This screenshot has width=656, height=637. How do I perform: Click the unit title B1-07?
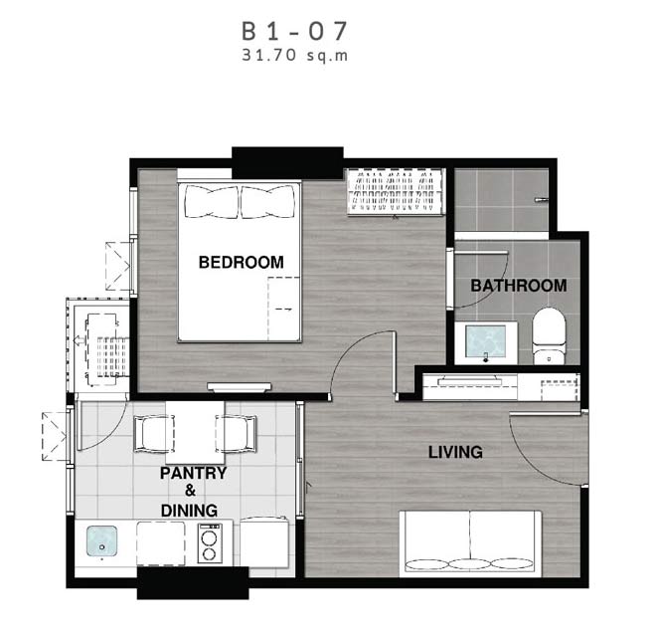(294, 31)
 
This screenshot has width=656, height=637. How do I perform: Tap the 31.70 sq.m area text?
(295, 56)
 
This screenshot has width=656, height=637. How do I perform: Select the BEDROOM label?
(241, 263)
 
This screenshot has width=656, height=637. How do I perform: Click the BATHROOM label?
(519, 286)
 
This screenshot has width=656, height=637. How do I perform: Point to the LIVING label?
(455, 452)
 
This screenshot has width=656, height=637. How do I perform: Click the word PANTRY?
(193, 473)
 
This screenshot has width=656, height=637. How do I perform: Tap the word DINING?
(189, 511)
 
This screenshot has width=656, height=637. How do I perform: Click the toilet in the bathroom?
(549, 336)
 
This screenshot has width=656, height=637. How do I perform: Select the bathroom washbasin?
(486, 342)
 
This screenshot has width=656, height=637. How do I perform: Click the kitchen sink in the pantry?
(101, 541)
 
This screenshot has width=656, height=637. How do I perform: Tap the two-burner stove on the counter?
(210, 543)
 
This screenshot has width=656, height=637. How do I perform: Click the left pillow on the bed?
(212, 202)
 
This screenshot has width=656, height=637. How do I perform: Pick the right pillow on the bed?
(268, 202)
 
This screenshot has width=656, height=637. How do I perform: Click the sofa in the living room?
(470, 543)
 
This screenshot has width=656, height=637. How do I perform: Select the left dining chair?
(153, 434)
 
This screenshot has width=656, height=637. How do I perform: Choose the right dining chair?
(236, 434)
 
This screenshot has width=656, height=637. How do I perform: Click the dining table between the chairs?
(195, 427)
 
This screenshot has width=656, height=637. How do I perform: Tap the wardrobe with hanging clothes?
(395, 192)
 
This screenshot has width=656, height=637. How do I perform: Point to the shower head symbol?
(542, 199)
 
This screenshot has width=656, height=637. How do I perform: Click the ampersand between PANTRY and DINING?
(191, 491)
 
